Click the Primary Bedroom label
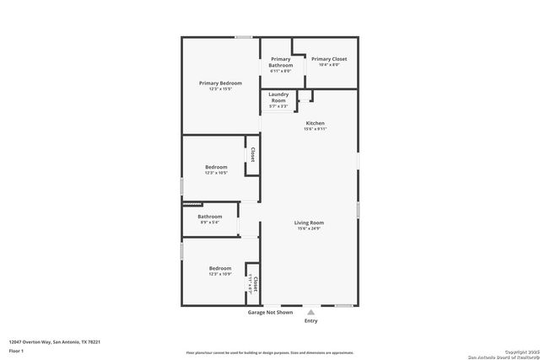click(220, 83)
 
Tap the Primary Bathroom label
click(281, 62)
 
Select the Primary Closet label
click(328, 59)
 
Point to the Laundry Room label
click(279, 97)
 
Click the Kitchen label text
click(314, 123)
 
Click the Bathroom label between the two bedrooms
click(209, 216)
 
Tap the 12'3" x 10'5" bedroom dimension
click(216, 173)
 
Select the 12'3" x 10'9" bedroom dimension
click(220, 274)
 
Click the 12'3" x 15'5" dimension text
click(220, 89)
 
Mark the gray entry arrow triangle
click(311, 312)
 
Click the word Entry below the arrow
click(311, 320)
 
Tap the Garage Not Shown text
click(270, 312)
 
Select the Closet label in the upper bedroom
click(252, 154)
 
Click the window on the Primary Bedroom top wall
click(244, 36)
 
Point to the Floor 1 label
click(17, 349)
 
